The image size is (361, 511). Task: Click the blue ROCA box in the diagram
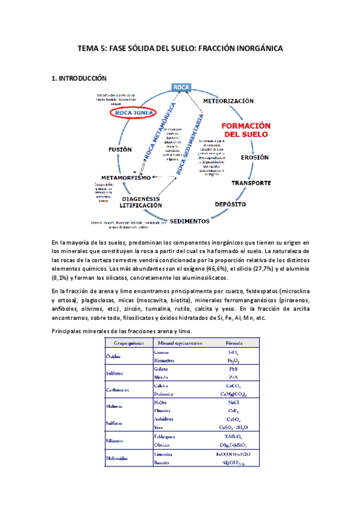coord(181,88)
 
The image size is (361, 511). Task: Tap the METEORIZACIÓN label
coord(228,101)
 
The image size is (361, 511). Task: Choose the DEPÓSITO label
coord(230,204)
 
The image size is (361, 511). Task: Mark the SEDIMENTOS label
coord(189,221)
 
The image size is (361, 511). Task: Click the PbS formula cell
coord(233,368)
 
